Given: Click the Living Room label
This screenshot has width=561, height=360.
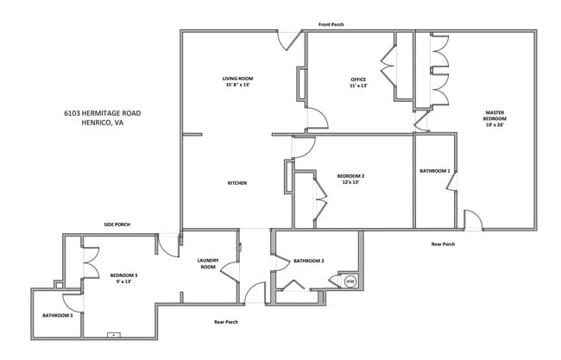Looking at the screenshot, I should click(x=238, y=79).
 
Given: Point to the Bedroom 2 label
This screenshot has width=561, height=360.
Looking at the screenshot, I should click(x=350, y=176).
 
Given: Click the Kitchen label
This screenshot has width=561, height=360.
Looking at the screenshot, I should click(x=237, y=183).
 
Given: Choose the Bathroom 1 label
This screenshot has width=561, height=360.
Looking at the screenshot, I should click(x=435, y=171).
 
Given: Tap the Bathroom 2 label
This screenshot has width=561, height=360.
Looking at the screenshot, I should click(x=308, y=261).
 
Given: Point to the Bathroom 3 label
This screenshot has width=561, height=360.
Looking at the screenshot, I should click(x=57, y=315).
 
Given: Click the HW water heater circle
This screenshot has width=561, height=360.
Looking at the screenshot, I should click(x=350, y=281).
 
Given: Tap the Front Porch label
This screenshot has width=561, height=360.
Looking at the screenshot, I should click(x=331, y=24).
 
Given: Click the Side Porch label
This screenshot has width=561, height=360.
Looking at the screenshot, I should click(x=117, y=224).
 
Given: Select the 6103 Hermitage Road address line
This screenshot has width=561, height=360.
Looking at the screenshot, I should click(x=102, y=113).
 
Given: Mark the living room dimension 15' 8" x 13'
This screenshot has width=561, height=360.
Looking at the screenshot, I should click(x=238, y=85).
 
